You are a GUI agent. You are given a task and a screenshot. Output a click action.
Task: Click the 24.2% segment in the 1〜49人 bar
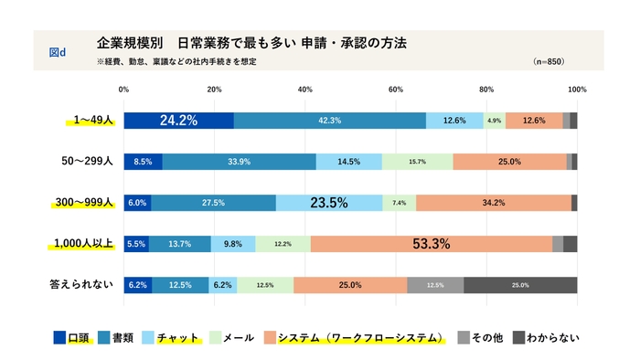point(178,121)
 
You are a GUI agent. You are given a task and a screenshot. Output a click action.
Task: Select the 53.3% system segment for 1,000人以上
point(432,244)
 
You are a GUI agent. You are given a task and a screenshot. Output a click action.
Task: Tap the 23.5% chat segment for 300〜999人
point(329,203)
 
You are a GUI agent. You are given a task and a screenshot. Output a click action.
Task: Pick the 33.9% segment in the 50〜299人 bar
point(240,162)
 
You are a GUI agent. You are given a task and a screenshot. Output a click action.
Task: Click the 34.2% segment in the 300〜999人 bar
point(494,203)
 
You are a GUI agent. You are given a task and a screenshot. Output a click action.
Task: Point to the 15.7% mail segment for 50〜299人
point(417,162)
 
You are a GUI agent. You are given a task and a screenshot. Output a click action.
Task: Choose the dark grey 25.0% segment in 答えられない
point(520,285)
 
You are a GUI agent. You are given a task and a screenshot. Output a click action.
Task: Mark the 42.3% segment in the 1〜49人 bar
point(330,121)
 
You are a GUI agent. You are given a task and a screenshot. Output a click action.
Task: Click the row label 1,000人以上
point(81,243)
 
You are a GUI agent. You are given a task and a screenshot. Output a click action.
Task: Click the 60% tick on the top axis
point(396,90)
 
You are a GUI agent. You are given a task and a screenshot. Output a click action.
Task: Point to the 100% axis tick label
point(576,90)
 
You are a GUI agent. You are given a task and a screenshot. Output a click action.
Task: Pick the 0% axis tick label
point(124,90)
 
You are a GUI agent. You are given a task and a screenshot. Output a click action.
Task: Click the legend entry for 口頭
point(72,337)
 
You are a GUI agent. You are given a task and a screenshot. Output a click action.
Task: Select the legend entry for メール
point(231,337)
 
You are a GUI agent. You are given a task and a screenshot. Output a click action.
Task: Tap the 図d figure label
point(57,52)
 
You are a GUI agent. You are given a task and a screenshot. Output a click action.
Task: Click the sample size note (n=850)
point(550,61)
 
